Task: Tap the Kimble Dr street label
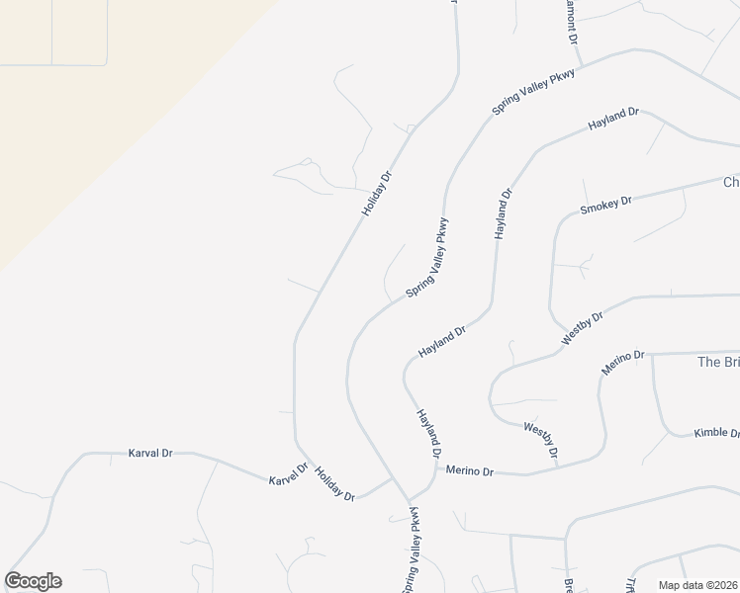tap(716, 433)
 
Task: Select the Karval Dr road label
tap(150, 453)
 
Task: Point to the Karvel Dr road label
tap(289, 474)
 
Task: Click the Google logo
tap(33, 581)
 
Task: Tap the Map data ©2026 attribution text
tap(696, 585)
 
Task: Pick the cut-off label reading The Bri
tap(718, 362)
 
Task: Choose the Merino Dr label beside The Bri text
tap(623, 362)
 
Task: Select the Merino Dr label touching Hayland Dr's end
tap(469, 471)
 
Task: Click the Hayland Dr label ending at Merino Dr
tap(428, 432)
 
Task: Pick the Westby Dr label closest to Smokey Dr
tap(582, 324)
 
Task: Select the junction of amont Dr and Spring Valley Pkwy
tap(582, 66)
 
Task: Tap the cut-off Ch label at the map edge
tap(731, 182)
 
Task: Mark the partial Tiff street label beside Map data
tap(631, 584)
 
